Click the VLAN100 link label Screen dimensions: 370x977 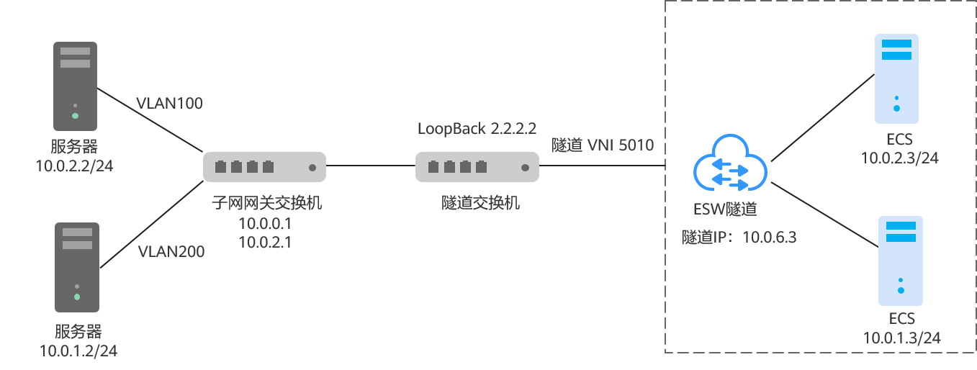(169, 103)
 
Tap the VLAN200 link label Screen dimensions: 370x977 (171, 251)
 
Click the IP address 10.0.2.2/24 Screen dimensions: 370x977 (74, 166)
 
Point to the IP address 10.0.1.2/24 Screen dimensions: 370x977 (78, 351)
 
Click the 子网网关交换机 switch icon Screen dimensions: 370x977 (264, 166)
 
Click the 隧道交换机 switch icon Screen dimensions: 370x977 (477, 167)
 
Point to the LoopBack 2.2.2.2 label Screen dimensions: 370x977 (477, 129)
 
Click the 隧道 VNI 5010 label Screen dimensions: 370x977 (603, 145)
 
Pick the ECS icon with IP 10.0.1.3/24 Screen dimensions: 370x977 (901, 261)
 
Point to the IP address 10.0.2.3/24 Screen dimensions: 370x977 (900, 158)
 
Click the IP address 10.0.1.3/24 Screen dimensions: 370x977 (902, 338)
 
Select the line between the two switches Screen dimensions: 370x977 (370, 167)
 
